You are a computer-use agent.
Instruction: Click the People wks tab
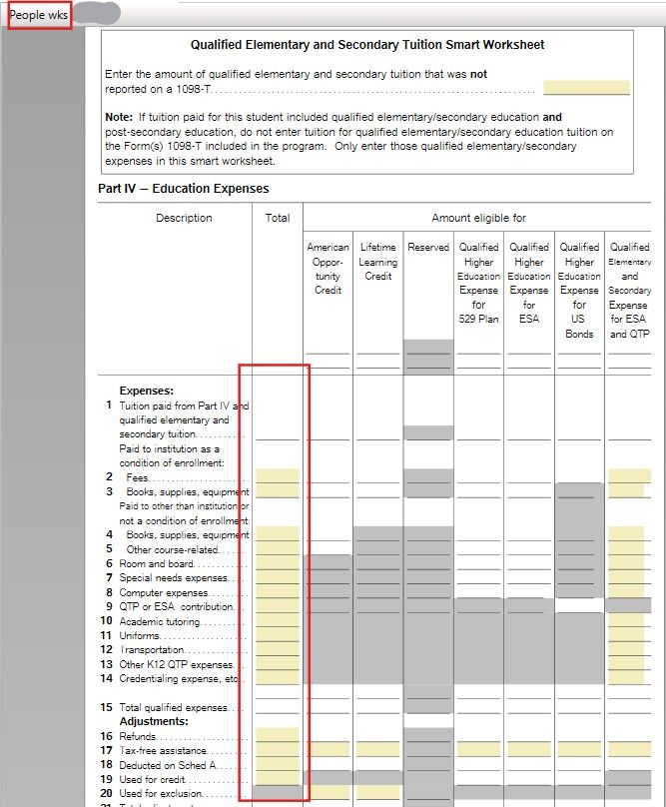[39, 15]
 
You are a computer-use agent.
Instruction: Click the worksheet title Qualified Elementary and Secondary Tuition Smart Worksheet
[367, 45]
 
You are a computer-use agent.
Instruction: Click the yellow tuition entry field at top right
[586, 88]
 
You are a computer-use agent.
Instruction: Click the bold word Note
[118, 118]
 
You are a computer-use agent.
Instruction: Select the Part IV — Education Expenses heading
[183, 188]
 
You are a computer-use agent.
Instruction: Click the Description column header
[184, 218]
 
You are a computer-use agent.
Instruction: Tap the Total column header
[278, 218]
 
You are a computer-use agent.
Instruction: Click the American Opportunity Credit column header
[328, 269]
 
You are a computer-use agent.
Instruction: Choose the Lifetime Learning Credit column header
[377, 262]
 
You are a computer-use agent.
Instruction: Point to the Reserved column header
[428, 248]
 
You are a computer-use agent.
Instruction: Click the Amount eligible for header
[478, 218]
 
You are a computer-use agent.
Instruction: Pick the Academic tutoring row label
[159, 621]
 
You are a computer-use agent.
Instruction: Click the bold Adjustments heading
[154, 721]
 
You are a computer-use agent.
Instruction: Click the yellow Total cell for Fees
[278, 476]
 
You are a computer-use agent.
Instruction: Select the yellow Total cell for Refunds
[278, 735]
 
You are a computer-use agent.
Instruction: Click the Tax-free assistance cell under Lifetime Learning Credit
[377, 749]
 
